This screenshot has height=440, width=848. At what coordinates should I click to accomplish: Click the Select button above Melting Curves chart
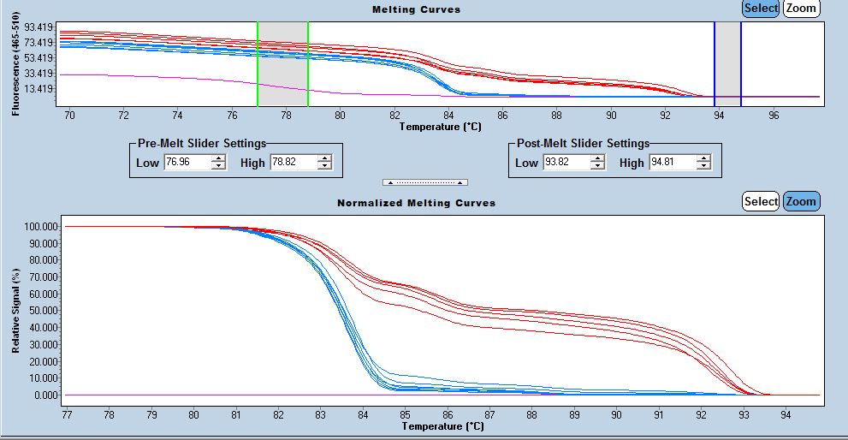pos(761,9)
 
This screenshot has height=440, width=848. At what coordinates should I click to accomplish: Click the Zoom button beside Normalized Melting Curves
pos(802,201)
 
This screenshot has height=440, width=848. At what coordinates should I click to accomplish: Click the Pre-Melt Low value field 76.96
pos(186,162)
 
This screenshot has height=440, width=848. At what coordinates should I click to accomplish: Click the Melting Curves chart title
pos(416,9)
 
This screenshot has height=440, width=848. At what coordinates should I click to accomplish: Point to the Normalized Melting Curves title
pos(416,203)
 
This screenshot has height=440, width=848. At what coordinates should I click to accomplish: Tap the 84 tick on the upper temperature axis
pos(448,115)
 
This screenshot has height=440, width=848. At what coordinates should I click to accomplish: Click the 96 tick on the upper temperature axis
pos(774,115)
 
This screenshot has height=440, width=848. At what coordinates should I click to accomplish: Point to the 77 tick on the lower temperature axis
pos(66,414)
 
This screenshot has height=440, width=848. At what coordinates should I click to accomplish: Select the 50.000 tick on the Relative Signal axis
pos(40,311)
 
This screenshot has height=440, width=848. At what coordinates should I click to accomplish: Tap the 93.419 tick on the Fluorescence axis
pos(40,27)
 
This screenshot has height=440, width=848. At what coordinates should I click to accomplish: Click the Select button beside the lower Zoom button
pos(761,201)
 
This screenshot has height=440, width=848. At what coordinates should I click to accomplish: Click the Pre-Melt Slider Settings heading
pos(202,143)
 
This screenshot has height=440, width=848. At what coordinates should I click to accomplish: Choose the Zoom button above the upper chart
pos(802,9)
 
